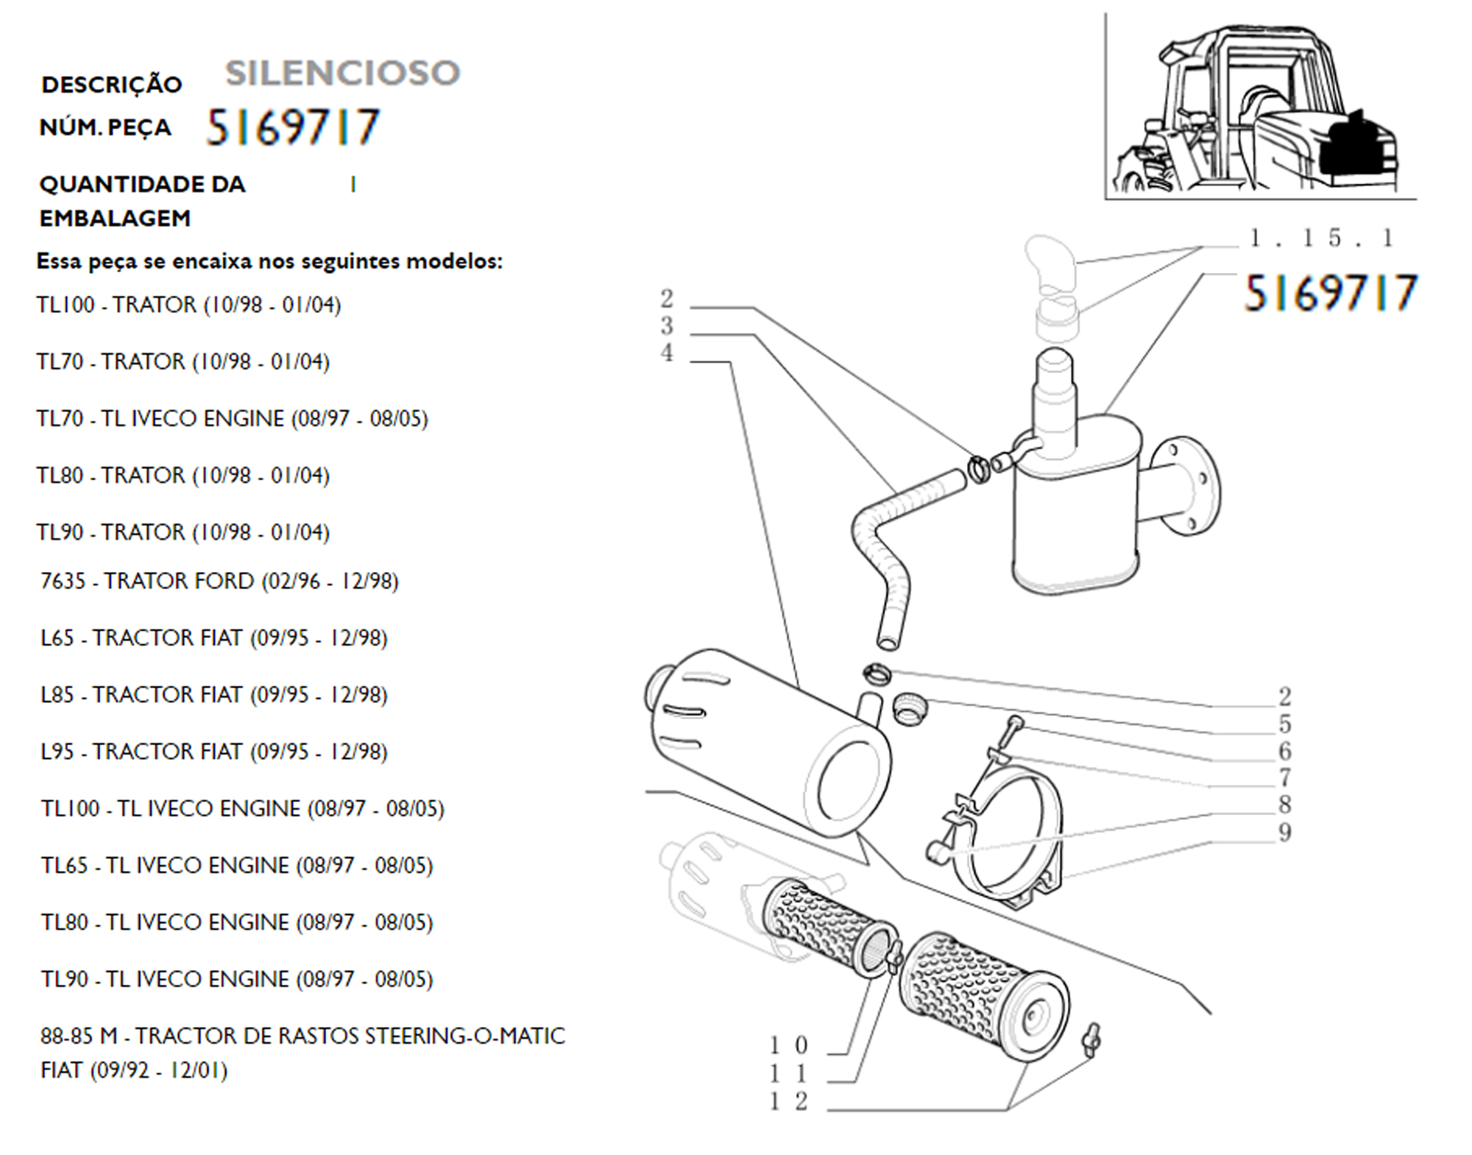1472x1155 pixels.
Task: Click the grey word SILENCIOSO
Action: coord(342,73)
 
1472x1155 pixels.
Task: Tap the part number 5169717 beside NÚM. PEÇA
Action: coord(293,127)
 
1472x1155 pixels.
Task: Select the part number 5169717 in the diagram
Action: coord(1330,293)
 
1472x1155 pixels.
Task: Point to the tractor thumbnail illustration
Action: coord(1260,107)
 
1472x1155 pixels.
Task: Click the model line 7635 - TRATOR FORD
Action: coord(219,581)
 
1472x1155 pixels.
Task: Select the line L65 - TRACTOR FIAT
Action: coord(214,637)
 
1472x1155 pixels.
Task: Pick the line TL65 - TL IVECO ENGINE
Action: coord(237,865)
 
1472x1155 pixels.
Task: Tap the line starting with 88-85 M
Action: coord(302,1053)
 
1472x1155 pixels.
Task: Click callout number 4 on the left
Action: coord(667,353)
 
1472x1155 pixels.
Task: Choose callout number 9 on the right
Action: coord(1285,833)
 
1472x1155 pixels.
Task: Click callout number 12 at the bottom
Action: coord(788,1101)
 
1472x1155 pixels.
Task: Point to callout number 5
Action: coord(1285,724)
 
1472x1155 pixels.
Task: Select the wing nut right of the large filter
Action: coord(1091,1039)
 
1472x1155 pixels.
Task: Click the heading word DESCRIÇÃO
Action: coord(112,85)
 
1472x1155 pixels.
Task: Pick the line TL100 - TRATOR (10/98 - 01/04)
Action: coord(189,304)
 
